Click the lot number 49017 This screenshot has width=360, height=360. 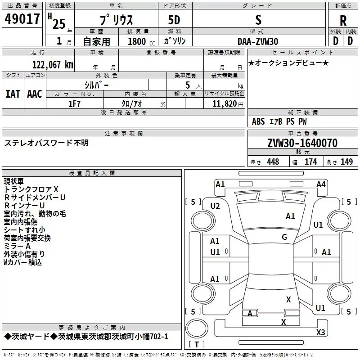click(x=23, y=19)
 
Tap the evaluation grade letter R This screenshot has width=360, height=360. click(x=343, y=20)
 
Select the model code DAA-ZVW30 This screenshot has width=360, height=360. click(x=258, y=41)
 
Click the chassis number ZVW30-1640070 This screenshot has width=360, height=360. click(x=302, y=143)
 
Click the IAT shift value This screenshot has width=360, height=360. click(x=13, y=94)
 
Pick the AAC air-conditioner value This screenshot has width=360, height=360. click(x=34, y=94)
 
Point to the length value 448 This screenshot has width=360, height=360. click(x=273, y=162)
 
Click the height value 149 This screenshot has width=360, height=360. click(x=346, y=162)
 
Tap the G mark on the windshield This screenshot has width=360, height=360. click(x=284, y=237)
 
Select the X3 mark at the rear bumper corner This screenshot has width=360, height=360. click(x=320, y=332)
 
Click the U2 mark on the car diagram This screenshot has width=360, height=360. click(x=215, y=206)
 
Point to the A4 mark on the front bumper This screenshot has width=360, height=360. click(x=321, y=184)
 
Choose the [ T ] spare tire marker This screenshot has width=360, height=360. click(x=196, y=345)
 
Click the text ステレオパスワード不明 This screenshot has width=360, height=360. click(x=47, y=143)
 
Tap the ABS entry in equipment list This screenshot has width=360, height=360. click(x=258, y=121)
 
